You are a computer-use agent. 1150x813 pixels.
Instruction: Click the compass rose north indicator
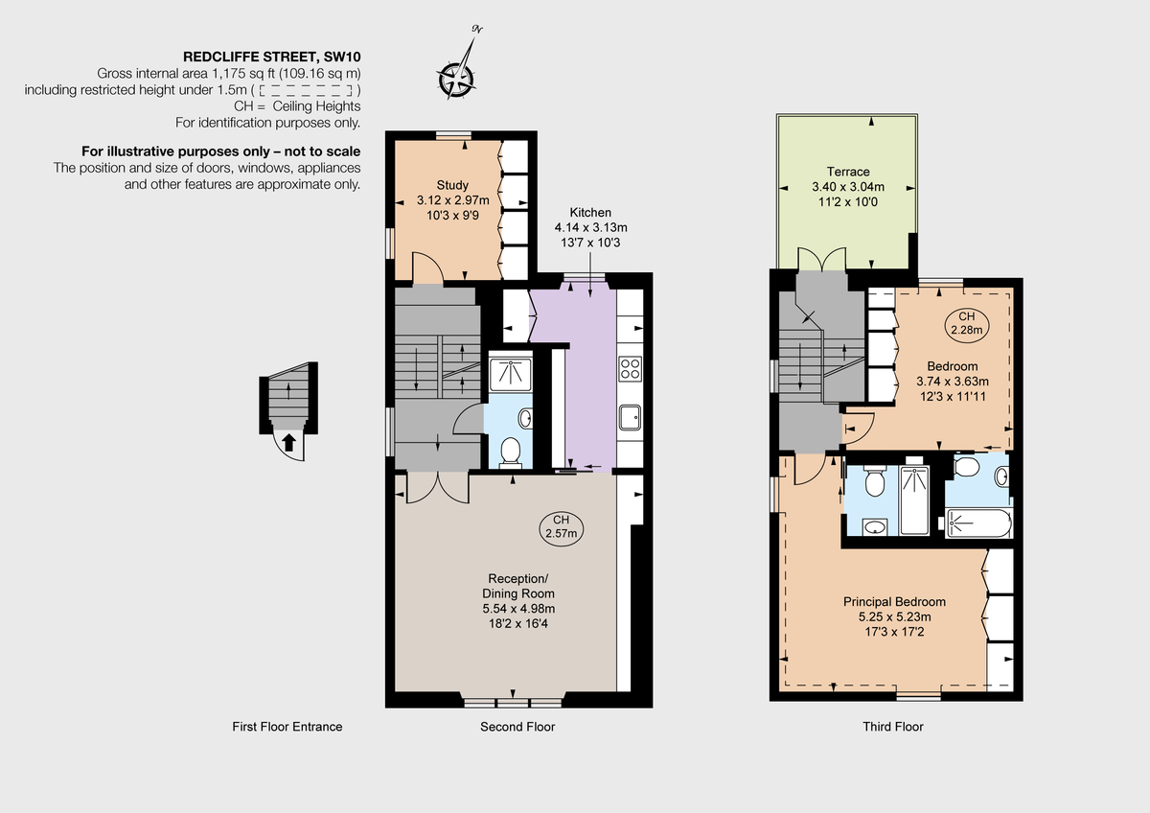click(457, 76)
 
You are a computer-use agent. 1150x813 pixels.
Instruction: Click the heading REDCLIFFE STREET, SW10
click(271, 57)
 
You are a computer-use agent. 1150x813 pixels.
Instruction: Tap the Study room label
click(452, 185)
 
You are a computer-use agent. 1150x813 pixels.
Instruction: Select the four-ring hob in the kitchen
click(631, 368)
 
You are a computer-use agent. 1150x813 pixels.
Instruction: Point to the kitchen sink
click(631, 415)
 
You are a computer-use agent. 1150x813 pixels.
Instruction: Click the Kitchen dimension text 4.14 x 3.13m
click(590, 227)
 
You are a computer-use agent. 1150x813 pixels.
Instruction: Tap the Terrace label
click(848, 172)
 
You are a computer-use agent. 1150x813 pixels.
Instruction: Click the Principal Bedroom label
click(894, 602)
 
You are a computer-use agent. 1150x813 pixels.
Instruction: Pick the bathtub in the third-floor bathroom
click(977, 523)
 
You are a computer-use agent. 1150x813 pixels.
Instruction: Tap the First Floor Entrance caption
click(287, 727)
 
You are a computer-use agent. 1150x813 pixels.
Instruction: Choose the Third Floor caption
click(893, 727)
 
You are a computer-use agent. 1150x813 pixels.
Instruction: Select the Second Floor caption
click(517, 727)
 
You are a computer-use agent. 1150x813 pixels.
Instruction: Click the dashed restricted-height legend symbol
click(308, 90)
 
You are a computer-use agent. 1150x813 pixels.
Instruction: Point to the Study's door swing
click(426, 268)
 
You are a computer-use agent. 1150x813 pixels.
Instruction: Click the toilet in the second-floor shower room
click(511, 451)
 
